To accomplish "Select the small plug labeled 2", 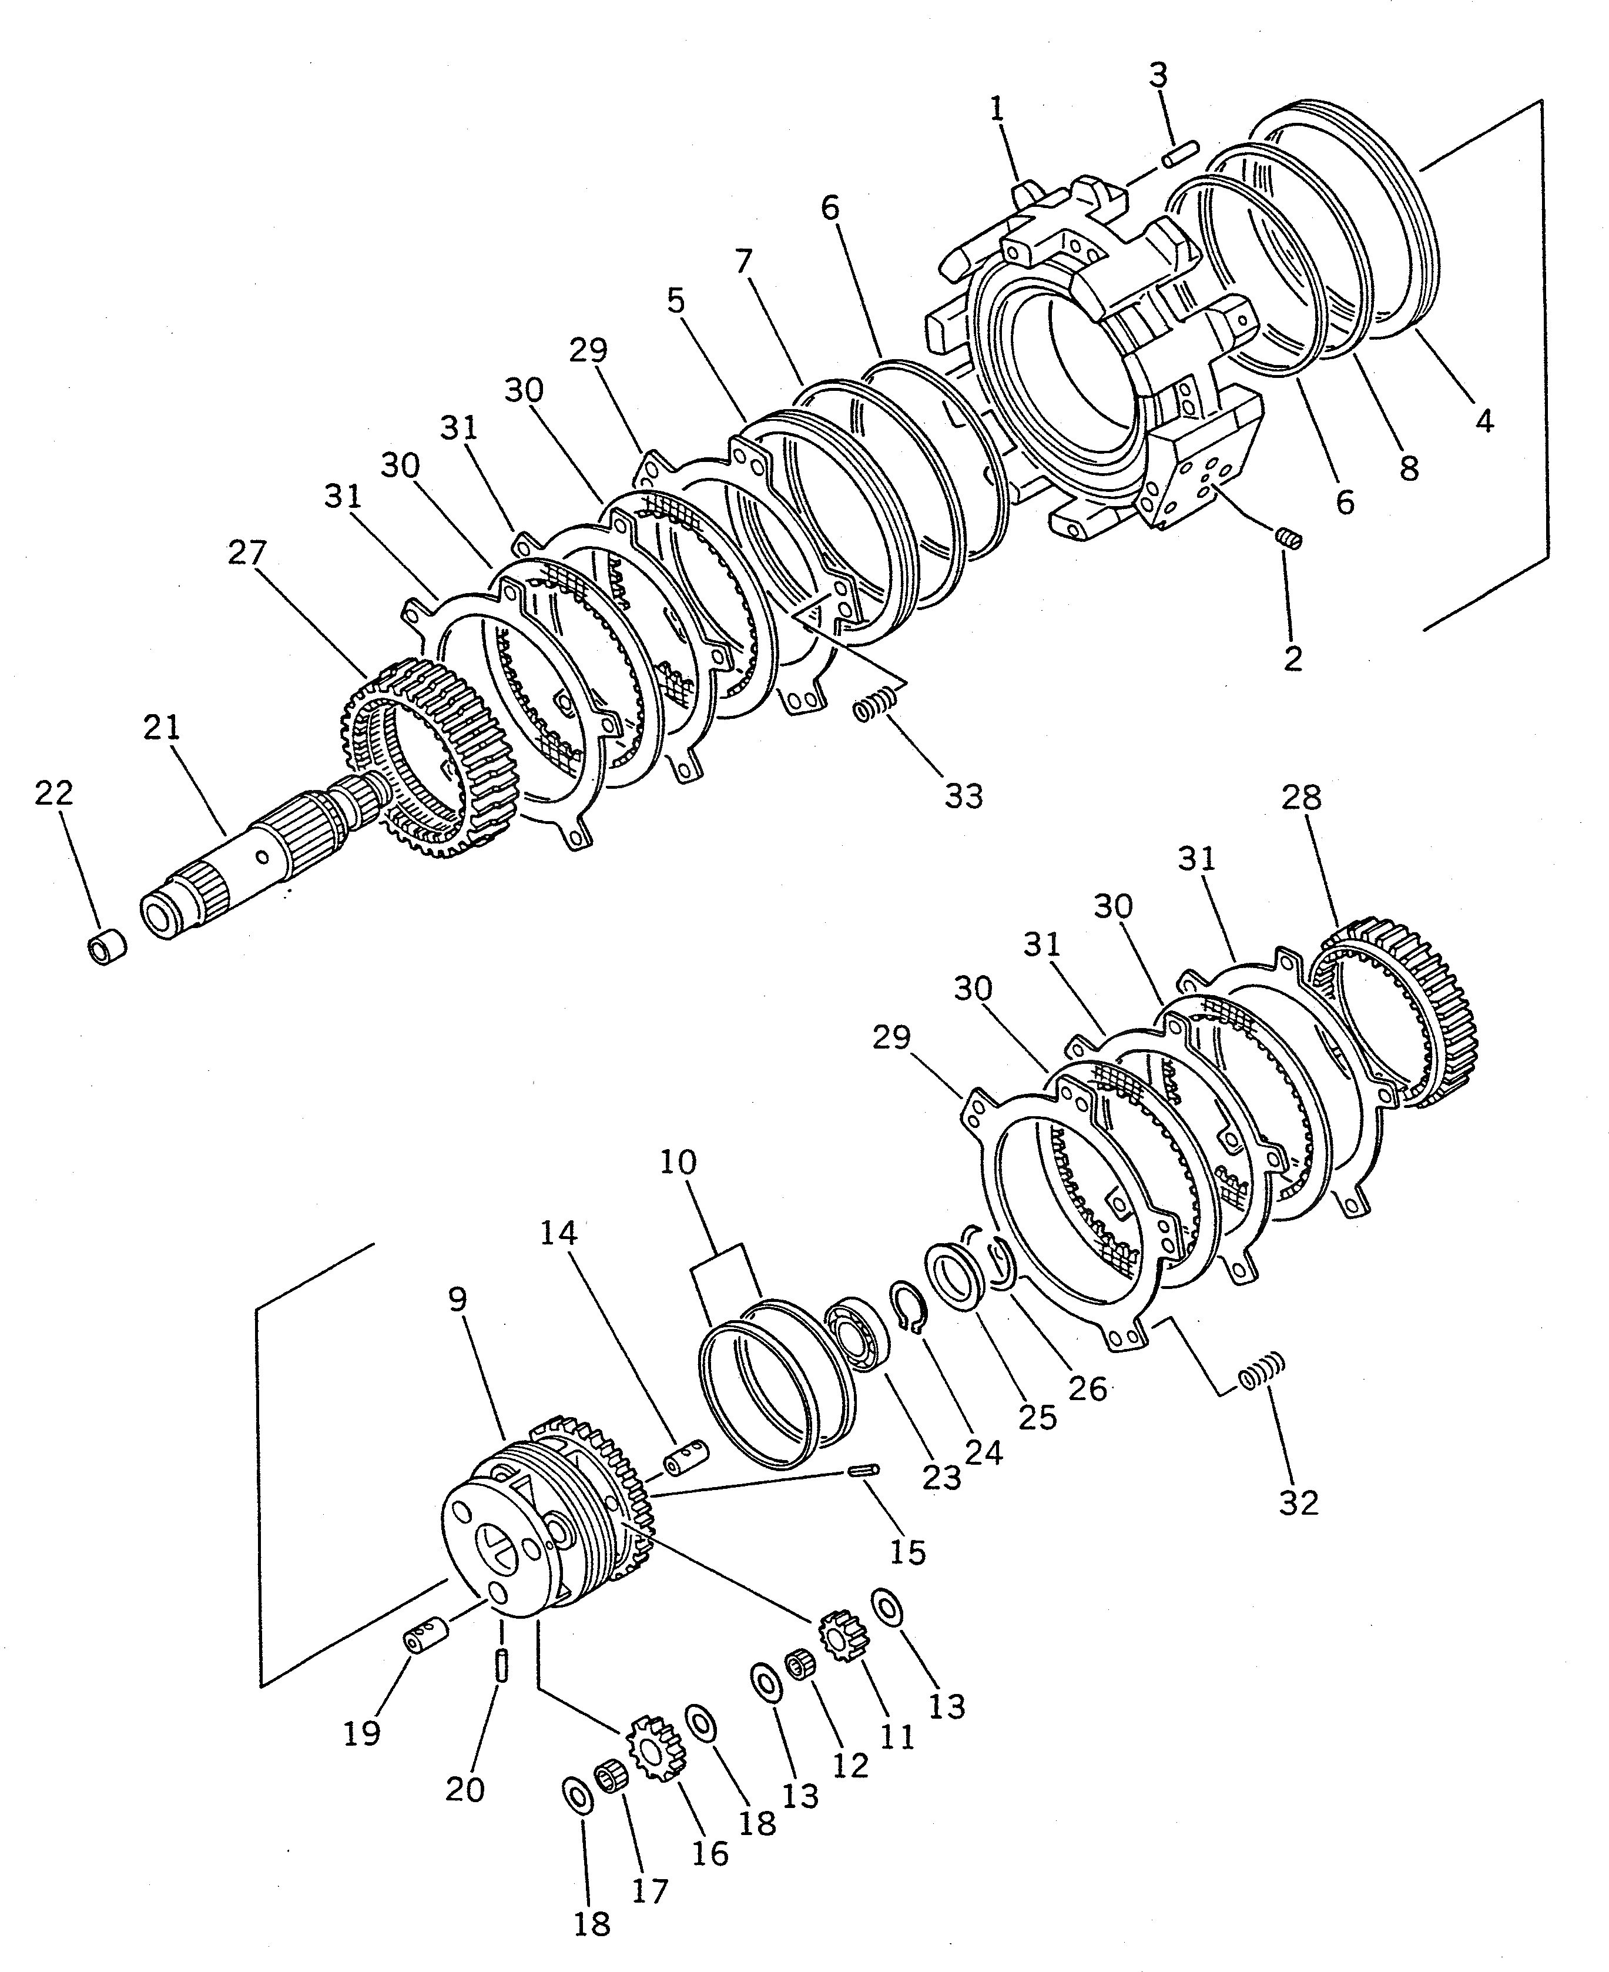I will tap(1289, 538).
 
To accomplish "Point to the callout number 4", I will tap(1484, 422).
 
